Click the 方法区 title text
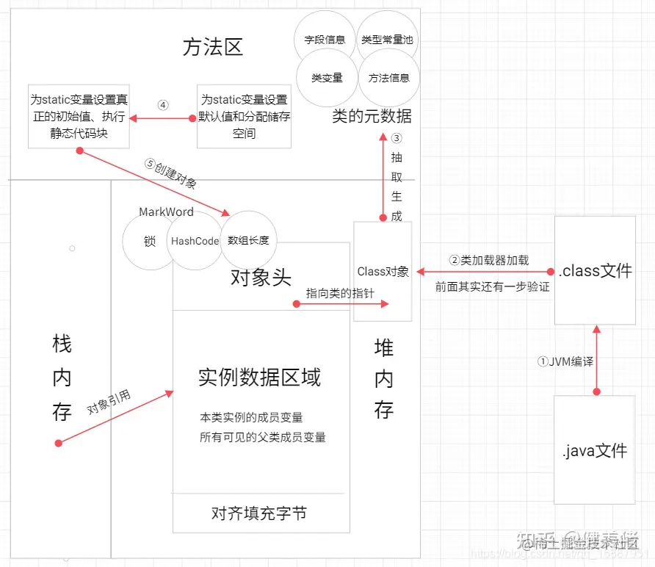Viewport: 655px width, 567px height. coord(212,47)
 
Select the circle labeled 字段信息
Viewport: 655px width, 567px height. coord(325,40)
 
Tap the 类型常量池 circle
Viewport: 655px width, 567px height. coord(387,40)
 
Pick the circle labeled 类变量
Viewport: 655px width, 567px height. coord(326,78)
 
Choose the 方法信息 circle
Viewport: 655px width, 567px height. coord(388,78)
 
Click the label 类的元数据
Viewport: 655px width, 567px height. coord(372,116)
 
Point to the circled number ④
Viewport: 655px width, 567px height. coord(163,104)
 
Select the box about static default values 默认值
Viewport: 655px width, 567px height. coord(245,117)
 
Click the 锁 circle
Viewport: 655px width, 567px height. coord(150,241)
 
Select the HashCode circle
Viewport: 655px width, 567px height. coord(195,241)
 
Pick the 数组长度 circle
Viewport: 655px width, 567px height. coord(249,240)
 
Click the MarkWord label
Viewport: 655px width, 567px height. coord(166,212)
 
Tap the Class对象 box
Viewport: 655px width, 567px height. coord(383,271)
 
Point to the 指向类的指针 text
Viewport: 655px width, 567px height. coord(340,293)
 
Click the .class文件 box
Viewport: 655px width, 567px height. coord(595,270)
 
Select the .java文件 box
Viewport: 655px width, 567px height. coord(594,449)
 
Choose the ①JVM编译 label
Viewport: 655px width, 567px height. coord(565,361)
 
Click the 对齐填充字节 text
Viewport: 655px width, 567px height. coord(258,513)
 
